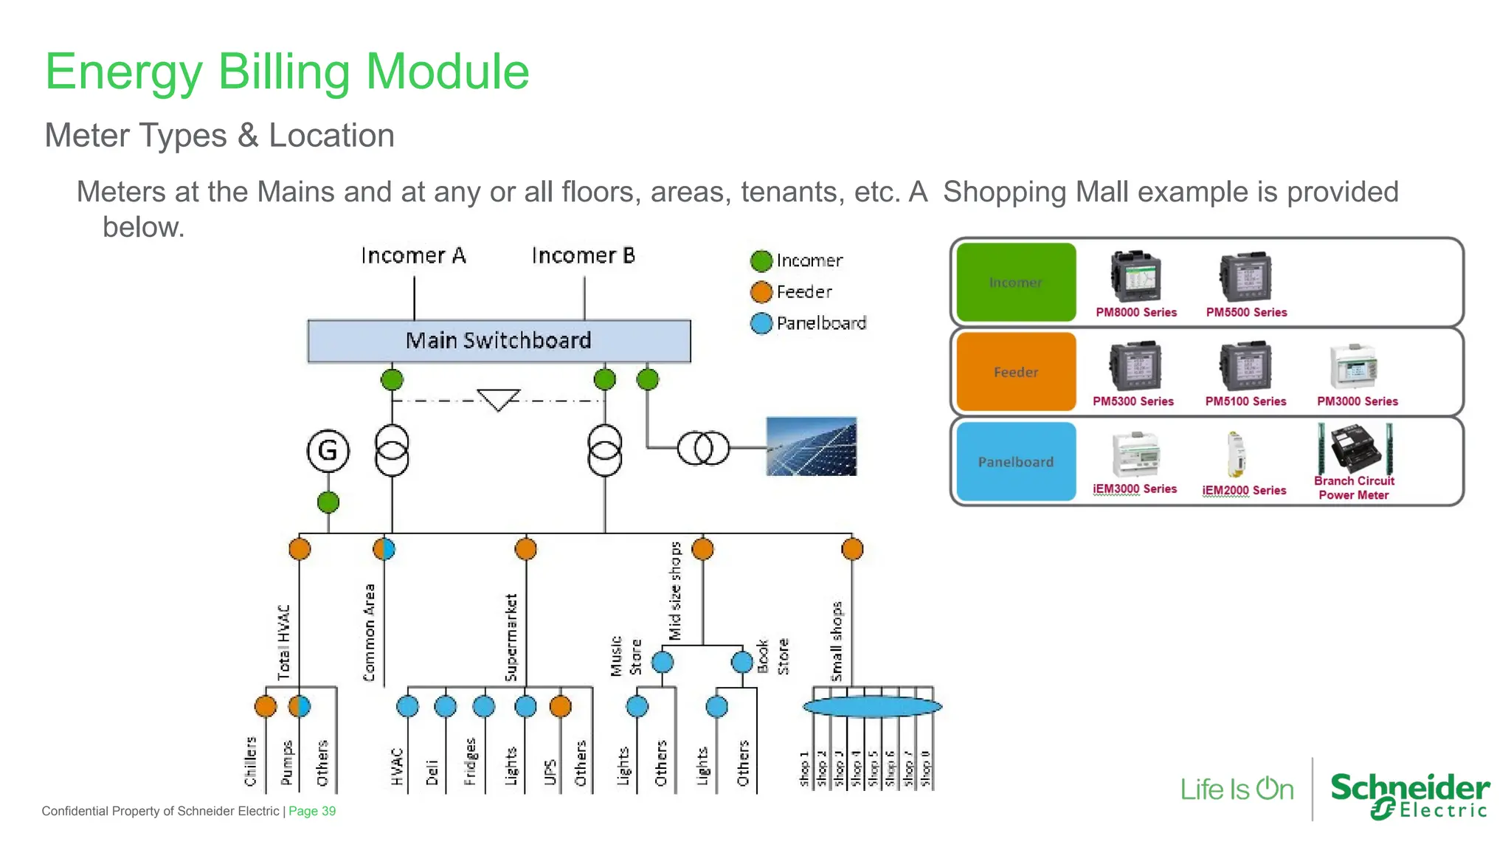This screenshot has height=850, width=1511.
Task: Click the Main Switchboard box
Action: (499, 341)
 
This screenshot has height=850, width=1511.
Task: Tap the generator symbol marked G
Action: (328, 450)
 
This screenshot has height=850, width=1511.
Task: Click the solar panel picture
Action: (811, 446)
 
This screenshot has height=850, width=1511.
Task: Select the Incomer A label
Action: (413, 255)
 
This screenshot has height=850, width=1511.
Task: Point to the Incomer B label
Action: (583, 255)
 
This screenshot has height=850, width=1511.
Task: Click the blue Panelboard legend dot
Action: (761, 323)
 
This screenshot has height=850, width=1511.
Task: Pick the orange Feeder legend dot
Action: (761, 292)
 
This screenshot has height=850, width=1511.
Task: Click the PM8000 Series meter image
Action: (1135, 276)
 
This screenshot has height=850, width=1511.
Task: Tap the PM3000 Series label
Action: (1357, 401)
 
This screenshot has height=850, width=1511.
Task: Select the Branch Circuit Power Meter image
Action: (1355, 449)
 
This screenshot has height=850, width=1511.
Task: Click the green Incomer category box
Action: (1016, 282)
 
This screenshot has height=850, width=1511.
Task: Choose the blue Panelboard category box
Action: (1016, 462)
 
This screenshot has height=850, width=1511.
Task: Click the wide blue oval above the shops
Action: (872, 707)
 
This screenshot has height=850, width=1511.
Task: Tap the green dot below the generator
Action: (328, 502)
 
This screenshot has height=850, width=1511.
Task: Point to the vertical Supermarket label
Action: (511, 637)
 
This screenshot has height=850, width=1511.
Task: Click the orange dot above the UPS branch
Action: (560, 706)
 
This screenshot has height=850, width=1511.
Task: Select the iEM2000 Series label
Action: (1244, 490)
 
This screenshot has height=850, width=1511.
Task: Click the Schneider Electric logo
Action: (1409, 795)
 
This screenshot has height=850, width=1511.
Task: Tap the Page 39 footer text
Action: (312, 811)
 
